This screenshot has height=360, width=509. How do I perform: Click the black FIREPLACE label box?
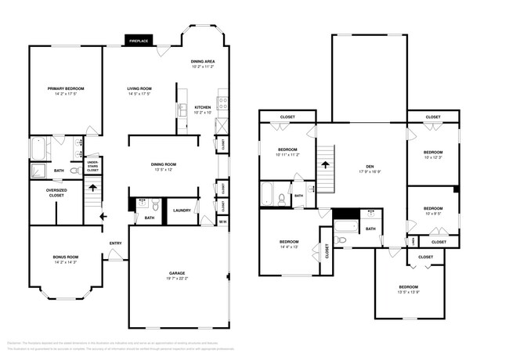(139, 40)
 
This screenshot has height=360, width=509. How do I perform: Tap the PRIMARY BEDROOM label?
(64, 88)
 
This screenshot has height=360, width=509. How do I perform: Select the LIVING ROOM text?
(139, 88)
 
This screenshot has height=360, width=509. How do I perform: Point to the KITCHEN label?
(203, 107)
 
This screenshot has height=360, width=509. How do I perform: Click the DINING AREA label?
(203, 61)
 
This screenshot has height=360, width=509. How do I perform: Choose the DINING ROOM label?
(164, 164)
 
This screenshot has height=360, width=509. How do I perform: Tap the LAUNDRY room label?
(182, 211)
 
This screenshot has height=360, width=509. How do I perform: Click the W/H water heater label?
(222, 221)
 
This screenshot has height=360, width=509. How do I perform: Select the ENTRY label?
(115, 243)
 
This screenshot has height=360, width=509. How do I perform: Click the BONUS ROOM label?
(64, 257)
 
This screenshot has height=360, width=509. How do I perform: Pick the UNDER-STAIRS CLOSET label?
(92, 166)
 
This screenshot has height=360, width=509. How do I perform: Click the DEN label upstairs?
(370, 167)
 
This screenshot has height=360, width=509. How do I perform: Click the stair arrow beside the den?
(325, 165)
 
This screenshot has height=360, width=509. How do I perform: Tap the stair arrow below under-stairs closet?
(92, 189)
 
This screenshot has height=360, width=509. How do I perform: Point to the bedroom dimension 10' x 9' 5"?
(433, 214)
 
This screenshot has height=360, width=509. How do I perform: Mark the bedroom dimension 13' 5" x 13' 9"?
(409, 293)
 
